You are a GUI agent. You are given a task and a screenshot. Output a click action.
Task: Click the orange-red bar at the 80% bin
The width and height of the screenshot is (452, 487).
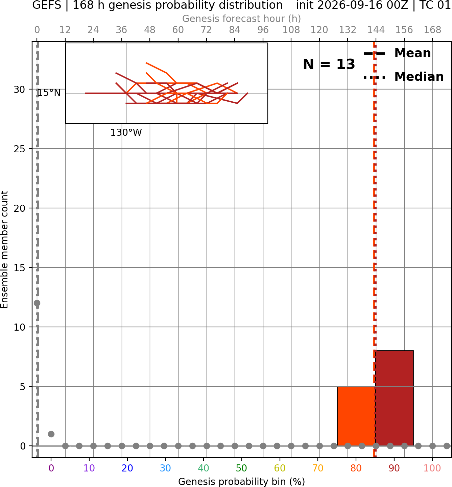point(356,416)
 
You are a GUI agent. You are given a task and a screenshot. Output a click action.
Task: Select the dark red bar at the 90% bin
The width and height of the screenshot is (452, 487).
point(394,398)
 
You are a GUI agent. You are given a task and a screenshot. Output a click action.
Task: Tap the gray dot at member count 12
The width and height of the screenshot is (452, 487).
point(37,303)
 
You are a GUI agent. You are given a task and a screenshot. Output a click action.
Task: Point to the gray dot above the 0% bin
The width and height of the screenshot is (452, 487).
point(51,434)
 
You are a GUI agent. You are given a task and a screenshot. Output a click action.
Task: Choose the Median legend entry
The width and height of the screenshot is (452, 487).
point(404,77)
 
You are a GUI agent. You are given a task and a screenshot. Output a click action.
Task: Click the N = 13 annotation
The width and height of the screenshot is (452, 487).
point(329,64)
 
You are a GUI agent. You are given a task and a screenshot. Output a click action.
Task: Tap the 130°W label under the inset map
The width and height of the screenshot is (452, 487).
point(126,133)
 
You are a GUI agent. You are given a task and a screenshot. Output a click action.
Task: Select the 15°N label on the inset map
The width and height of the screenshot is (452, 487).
point(49,93)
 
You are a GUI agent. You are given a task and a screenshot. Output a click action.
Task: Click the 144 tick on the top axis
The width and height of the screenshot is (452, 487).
point(376,30)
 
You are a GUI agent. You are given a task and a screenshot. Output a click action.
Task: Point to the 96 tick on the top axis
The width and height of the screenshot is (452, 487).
point(263,30)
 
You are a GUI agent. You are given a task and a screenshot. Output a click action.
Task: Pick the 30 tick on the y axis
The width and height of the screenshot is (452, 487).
point(19,89)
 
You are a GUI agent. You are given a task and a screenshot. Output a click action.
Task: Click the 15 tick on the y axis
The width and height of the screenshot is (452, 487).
point(19,268)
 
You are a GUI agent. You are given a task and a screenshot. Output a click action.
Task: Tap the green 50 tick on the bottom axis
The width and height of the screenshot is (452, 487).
point(241,468)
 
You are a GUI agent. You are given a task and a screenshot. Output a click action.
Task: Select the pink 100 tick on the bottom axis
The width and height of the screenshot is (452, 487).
point(432,468)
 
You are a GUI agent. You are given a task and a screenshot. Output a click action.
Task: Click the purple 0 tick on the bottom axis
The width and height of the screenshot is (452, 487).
point(51,468)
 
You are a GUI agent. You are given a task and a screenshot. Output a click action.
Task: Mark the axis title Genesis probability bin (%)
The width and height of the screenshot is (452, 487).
point(242,482)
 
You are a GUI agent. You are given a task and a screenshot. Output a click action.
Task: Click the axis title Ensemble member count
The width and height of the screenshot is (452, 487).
point(4,250)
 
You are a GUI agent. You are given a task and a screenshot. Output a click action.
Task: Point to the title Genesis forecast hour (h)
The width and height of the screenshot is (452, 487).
point(242,19)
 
